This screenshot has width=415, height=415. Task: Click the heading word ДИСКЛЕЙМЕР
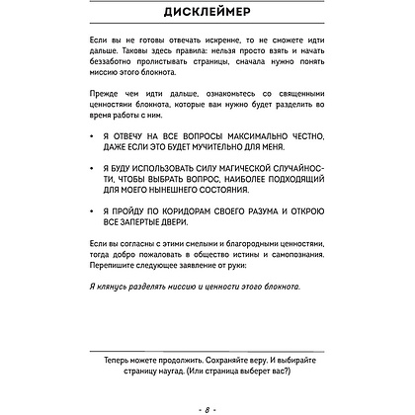(207, 14)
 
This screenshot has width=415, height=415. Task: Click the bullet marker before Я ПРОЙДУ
(92, 253)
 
